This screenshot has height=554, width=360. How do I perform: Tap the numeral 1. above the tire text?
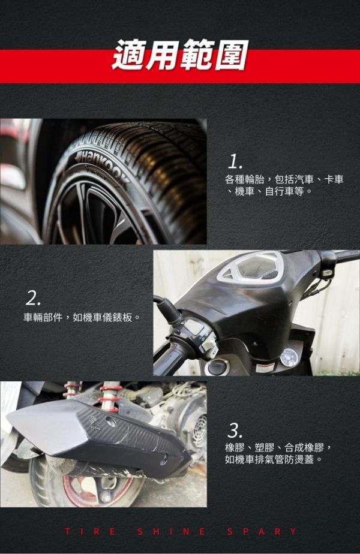coord(235,162)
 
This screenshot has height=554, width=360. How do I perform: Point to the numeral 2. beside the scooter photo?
coord(33,299)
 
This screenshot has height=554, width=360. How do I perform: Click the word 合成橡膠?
coord(304,448)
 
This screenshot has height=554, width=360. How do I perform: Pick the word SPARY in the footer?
coord(262,531)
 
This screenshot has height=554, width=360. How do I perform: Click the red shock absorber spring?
coord(110,399)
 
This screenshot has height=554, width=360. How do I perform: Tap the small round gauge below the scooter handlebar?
coord(289,357)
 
